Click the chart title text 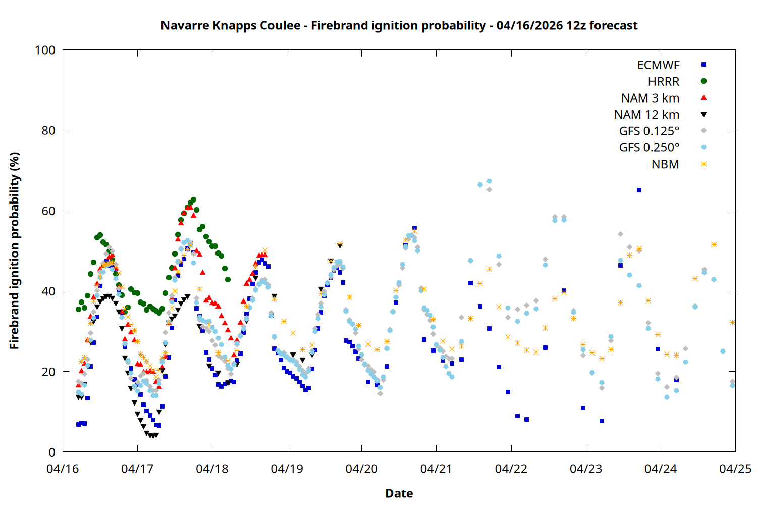coord(399,25)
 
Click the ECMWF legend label coord(658,65)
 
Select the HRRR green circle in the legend coord(704,81)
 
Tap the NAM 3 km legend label coord(650,98)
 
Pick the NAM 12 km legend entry coord(646,115)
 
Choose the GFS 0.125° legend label coord(649,131)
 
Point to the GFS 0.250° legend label coord(649,147)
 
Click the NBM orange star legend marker coord(704,164)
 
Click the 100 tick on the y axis coord(45,50)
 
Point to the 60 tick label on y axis coord(48,211)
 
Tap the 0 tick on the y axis coord(52,452)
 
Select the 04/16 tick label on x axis coord(63,469)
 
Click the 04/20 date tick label coord(361,469)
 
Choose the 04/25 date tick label coord(735,469)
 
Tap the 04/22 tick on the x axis coord(511,469)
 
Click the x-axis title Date coord(399,493)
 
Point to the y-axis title coord(14,250)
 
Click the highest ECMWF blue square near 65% coord(639,190)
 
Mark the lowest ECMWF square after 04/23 coord(602,421)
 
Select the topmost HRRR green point coord(193,200)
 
